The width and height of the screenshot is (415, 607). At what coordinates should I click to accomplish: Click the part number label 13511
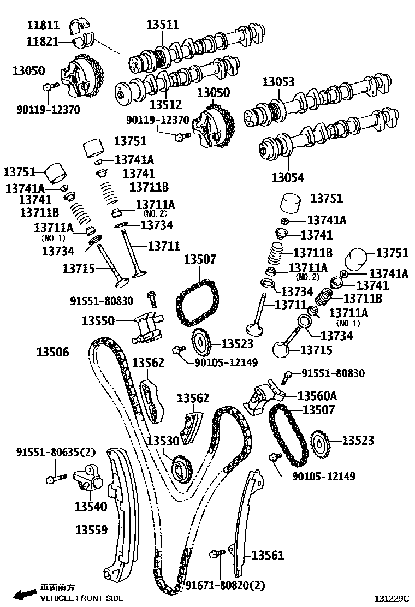(163, 25)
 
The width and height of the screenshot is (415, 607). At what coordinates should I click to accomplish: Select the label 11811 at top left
(43, 25)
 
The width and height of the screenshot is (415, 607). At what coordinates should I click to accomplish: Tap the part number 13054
(288, 177)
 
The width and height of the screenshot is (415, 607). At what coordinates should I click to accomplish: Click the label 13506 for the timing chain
(53, 352)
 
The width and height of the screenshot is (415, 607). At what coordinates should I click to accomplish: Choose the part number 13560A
(317, 395)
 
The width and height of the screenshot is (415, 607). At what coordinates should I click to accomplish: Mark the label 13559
(91, 529)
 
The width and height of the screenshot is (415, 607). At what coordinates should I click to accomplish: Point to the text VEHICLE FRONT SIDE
(82, 598)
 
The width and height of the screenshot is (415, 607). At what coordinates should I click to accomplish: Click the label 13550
(98, 320)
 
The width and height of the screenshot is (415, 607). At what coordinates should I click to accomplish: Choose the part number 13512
(165, 104)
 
